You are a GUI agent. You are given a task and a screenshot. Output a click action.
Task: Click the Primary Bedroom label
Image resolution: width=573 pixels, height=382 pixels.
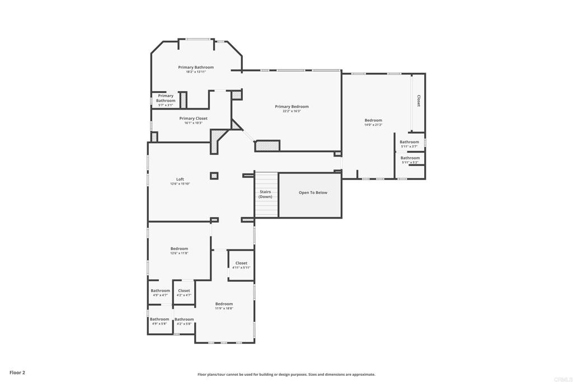[x=292, y=106]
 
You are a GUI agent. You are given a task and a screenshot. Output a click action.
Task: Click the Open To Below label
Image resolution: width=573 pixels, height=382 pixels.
[x=313, y=192]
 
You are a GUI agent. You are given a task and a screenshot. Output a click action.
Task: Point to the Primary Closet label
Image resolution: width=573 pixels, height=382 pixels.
[x=193, y=119]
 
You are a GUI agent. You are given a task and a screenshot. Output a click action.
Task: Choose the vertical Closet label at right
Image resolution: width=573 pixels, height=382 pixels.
[x=419, y=101]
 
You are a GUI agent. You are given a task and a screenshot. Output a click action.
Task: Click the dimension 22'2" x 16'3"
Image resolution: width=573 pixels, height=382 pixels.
[x=292, y=111]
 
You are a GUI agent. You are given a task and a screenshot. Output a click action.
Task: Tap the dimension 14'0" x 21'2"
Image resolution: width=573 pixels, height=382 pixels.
[x=373, y=125]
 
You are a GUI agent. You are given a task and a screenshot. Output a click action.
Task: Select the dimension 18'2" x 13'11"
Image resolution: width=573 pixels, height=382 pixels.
[x=196, y=72]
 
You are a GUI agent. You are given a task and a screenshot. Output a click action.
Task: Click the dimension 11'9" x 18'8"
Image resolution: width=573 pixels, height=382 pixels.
[x=224, y=308]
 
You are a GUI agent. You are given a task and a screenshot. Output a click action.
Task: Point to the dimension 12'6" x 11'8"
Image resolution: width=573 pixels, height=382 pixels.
[x=179, y=253]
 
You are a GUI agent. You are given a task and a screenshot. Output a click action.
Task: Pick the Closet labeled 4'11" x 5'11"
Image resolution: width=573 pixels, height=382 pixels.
[x=241, y=263]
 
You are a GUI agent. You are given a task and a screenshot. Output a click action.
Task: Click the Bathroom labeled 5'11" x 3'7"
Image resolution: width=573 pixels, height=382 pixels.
[x=409, y=142]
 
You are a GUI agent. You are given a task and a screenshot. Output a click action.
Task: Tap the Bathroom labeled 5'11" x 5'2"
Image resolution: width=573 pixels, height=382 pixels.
[x=410, y=158]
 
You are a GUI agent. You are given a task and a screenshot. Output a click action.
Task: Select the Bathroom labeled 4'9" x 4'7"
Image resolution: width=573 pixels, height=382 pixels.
[x=160, y=291]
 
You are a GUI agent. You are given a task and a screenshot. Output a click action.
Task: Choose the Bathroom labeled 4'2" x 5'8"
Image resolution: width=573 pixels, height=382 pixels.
[x=184, y=319]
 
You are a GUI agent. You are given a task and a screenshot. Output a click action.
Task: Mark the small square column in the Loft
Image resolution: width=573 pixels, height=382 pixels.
[x=214, y=176]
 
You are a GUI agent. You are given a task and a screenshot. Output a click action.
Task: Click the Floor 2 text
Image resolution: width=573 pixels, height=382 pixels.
[x=17, y=372]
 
